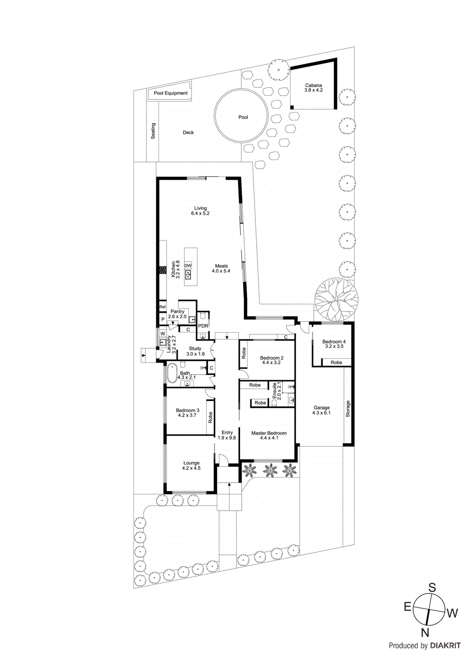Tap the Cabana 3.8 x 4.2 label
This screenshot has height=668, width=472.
[313, 88]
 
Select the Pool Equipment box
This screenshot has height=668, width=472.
[170, 93]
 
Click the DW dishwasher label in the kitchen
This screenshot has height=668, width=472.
[188, 266]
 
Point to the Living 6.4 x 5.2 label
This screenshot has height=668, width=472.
[200, 211]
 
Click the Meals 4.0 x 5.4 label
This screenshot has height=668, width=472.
[221, 268]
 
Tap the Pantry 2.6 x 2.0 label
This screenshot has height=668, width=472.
[177, 314]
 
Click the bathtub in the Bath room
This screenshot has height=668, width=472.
[172, 374]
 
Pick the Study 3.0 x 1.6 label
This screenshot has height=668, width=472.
[195, 351]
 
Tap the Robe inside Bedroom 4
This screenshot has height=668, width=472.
[336, 362]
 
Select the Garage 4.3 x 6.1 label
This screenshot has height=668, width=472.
[321, 410]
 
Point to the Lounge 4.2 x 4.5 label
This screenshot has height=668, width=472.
[191, 466]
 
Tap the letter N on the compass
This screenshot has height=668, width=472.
[425, 633]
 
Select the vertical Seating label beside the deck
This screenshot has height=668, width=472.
[153, 131]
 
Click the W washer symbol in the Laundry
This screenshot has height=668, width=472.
[163, 334]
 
